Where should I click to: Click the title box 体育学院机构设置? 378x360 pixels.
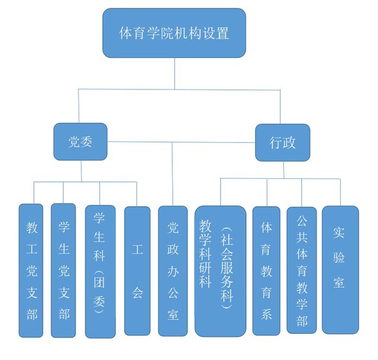pos(174,33)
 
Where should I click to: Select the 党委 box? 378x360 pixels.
pos(80,142)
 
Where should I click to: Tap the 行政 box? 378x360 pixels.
pos(282,142)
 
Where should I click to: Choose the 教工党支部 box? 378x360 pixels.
pos(31,271)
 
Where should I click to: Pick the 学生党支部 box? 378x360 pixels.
pos(63,270)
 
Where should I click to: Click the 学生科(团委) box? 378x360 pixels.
pos(99,271)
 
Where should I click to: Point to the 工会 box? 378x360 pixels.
pos(137,271)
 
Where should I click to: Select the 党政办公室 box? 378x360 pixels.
pos(173,271)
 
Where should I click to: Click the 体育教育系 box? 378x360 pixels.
pos(267,271)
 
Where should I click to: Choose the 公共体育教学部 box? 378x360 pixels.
pos(302,270)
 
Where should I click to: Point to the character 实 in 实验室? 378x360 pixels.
pos(340,232)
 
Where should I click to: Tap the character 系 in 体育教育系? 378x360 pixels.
pos(267,314)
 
